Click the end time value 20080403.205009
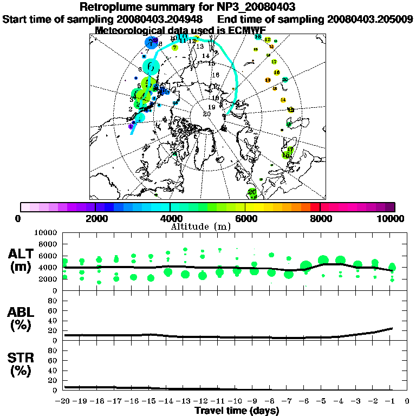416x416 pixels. click(370, 19)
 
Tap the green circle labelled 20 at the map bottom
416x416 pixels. click(252, 192)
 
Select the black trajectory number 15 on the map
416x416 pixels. click(211, 64)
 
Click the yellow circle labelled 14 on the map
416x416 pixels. click(283, 100)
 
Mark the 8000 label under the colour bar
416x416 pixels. click(320, 219)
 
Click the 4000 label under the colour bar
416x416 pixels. click(170, 219)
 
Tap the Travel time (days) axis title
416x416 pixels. click(237, 411)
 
